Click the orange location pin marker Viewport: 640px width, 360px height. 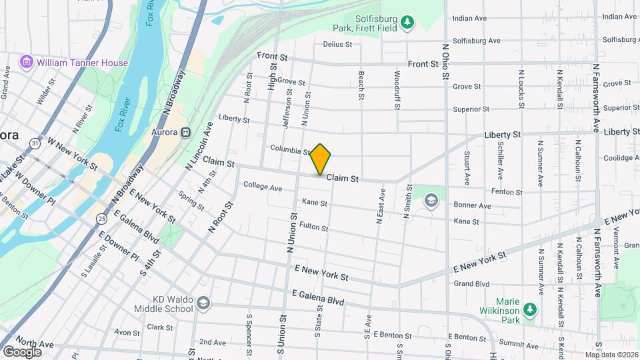(321, 159)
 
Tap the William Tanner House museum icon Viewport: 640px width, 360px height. (27, 63)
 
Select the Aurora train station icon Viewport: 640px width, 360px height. (185, 133)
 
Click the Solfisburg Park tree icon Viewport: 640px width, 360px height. (407, 24)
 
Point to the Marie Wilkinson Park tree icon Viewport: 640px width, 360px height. (529, 309)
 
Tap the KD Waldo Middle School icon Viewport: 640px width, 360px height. (203, 304)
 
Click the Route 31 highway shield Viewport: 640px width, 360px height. (34, 142)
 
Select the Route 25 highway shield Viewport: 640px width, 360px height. (101, 218)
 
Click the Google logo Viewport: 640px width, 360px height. (22, 351)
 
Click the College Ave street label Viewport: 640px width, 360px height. (263, 187)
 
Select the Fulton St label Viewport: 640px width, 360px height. (314, 227)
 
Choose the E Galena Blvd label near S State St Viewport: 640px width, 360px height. (318, 297)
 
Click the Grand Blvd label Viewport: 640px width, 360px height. (471, 283)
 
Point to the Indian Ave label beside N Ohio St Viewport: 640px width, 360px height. (471, 18)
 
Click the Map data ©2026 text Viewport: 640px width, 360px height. (611, 355)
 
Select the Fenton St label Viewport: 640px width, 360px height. (507, 192)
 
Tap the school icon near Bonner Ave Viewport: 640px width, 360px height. (431, 200)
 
